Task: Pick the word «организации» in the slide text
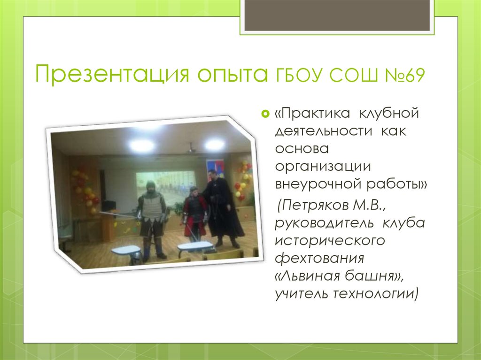click(x=324, y=166)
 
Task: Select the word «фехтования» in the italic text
click(x=320, y=258)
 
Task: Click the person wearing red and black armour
click(x=194, y=214)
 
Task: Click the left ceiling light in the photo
click(x=141, y=145)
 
